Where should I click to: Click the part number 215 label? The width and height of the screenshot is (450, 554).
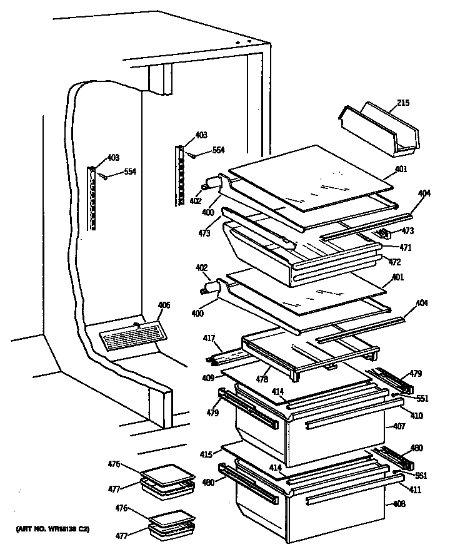coord(402,103)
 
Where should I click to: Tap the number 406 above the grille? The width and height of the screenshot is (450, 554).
coord(163,305)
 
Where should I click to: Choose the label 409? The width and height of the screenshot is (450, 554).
coord(207,377)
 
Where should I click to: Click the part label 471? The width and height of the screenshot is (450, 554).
coord(406,248)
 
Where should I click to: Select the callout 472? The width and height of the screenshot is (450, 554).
coord(394,262)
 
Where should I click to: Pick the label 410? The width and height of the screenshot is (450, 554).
coord(416,415)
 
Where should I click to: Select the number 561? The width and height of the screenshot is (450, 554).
coord(422,475)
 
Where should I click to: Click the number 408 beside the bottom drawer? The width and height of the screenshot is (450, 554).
coord(398,503)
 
